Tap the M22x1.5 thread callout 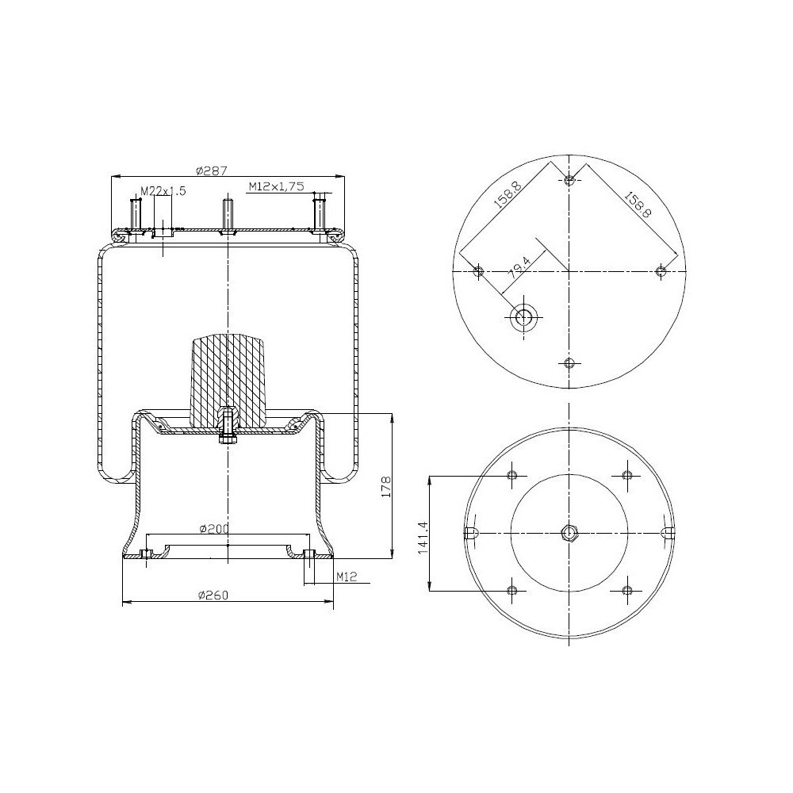click(163, 191)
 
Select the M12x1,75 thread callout click(276, 186)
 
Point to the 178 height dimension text click(386, 485)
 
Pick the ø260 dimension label click(213, 596)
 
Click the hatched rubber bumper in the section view click(228, 373)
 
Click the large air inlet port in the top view click(524, 318)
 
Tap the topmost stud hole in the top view click(569, 180)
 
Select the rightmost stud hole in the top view click(661, 272)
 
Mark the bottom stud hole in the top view click(569, 363)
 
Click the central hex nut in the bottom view click(569, 532)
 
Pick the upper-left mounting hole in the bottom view click(511, 475)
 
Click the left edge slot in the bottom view click(469, 532)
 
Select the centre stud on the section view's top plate click(228, 214)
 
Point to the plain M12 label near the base click(345, 577)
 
